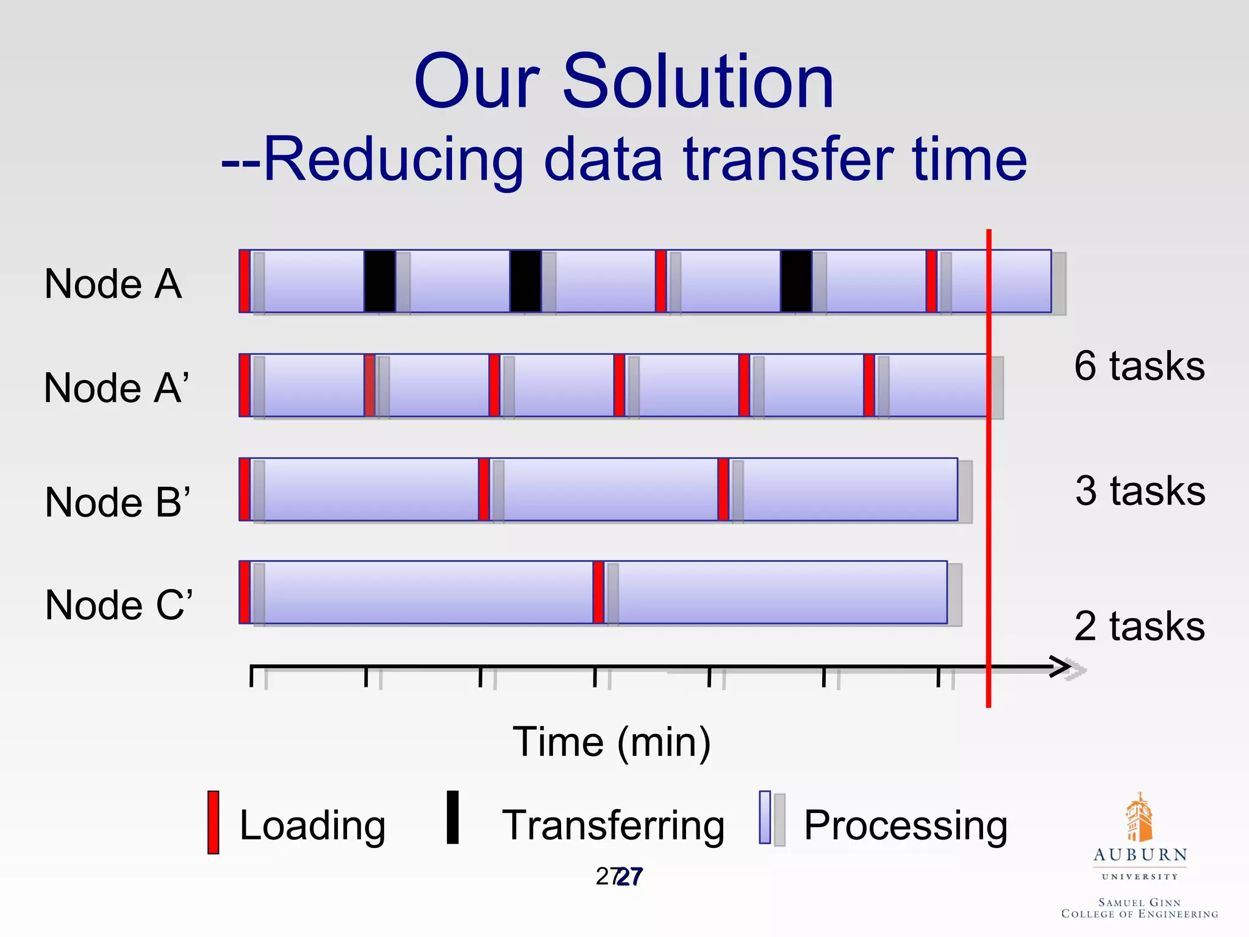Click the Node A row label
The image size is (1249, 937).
coord(113,284)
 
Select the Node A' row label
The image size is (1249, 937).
coord(116,388)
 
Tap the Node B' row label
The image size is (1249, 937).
coord(118,502)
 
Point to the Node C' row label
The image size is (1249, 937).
coord(119,605)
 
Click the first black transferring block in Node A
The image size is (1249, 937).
coord(379,281)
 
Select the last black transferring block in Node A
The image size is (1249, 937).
coord(796,281)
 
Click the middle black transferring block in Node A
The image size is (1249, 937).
coord(525,281)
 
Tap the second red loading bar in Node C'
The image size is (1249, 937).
coord(598,592)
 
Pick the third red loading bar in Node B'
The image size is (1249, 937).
coord(723,489)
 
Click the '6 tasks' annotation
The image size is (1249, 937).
coord(1139,366)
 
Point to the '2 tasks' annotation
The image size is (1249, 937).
coord(1139,626)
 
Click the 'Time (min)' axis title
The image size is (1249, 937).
coord(612,742)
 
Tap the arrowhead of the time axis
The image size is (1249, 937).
coord(1061,667)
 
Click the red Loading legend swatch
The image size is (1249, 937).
coord(213,822)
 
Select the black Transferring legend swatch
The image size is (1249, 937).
coord(453,817)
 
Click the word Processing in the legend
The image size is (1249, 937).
coord(905,825)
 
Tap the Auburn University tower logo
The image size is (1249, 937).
coord(1139,817)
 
